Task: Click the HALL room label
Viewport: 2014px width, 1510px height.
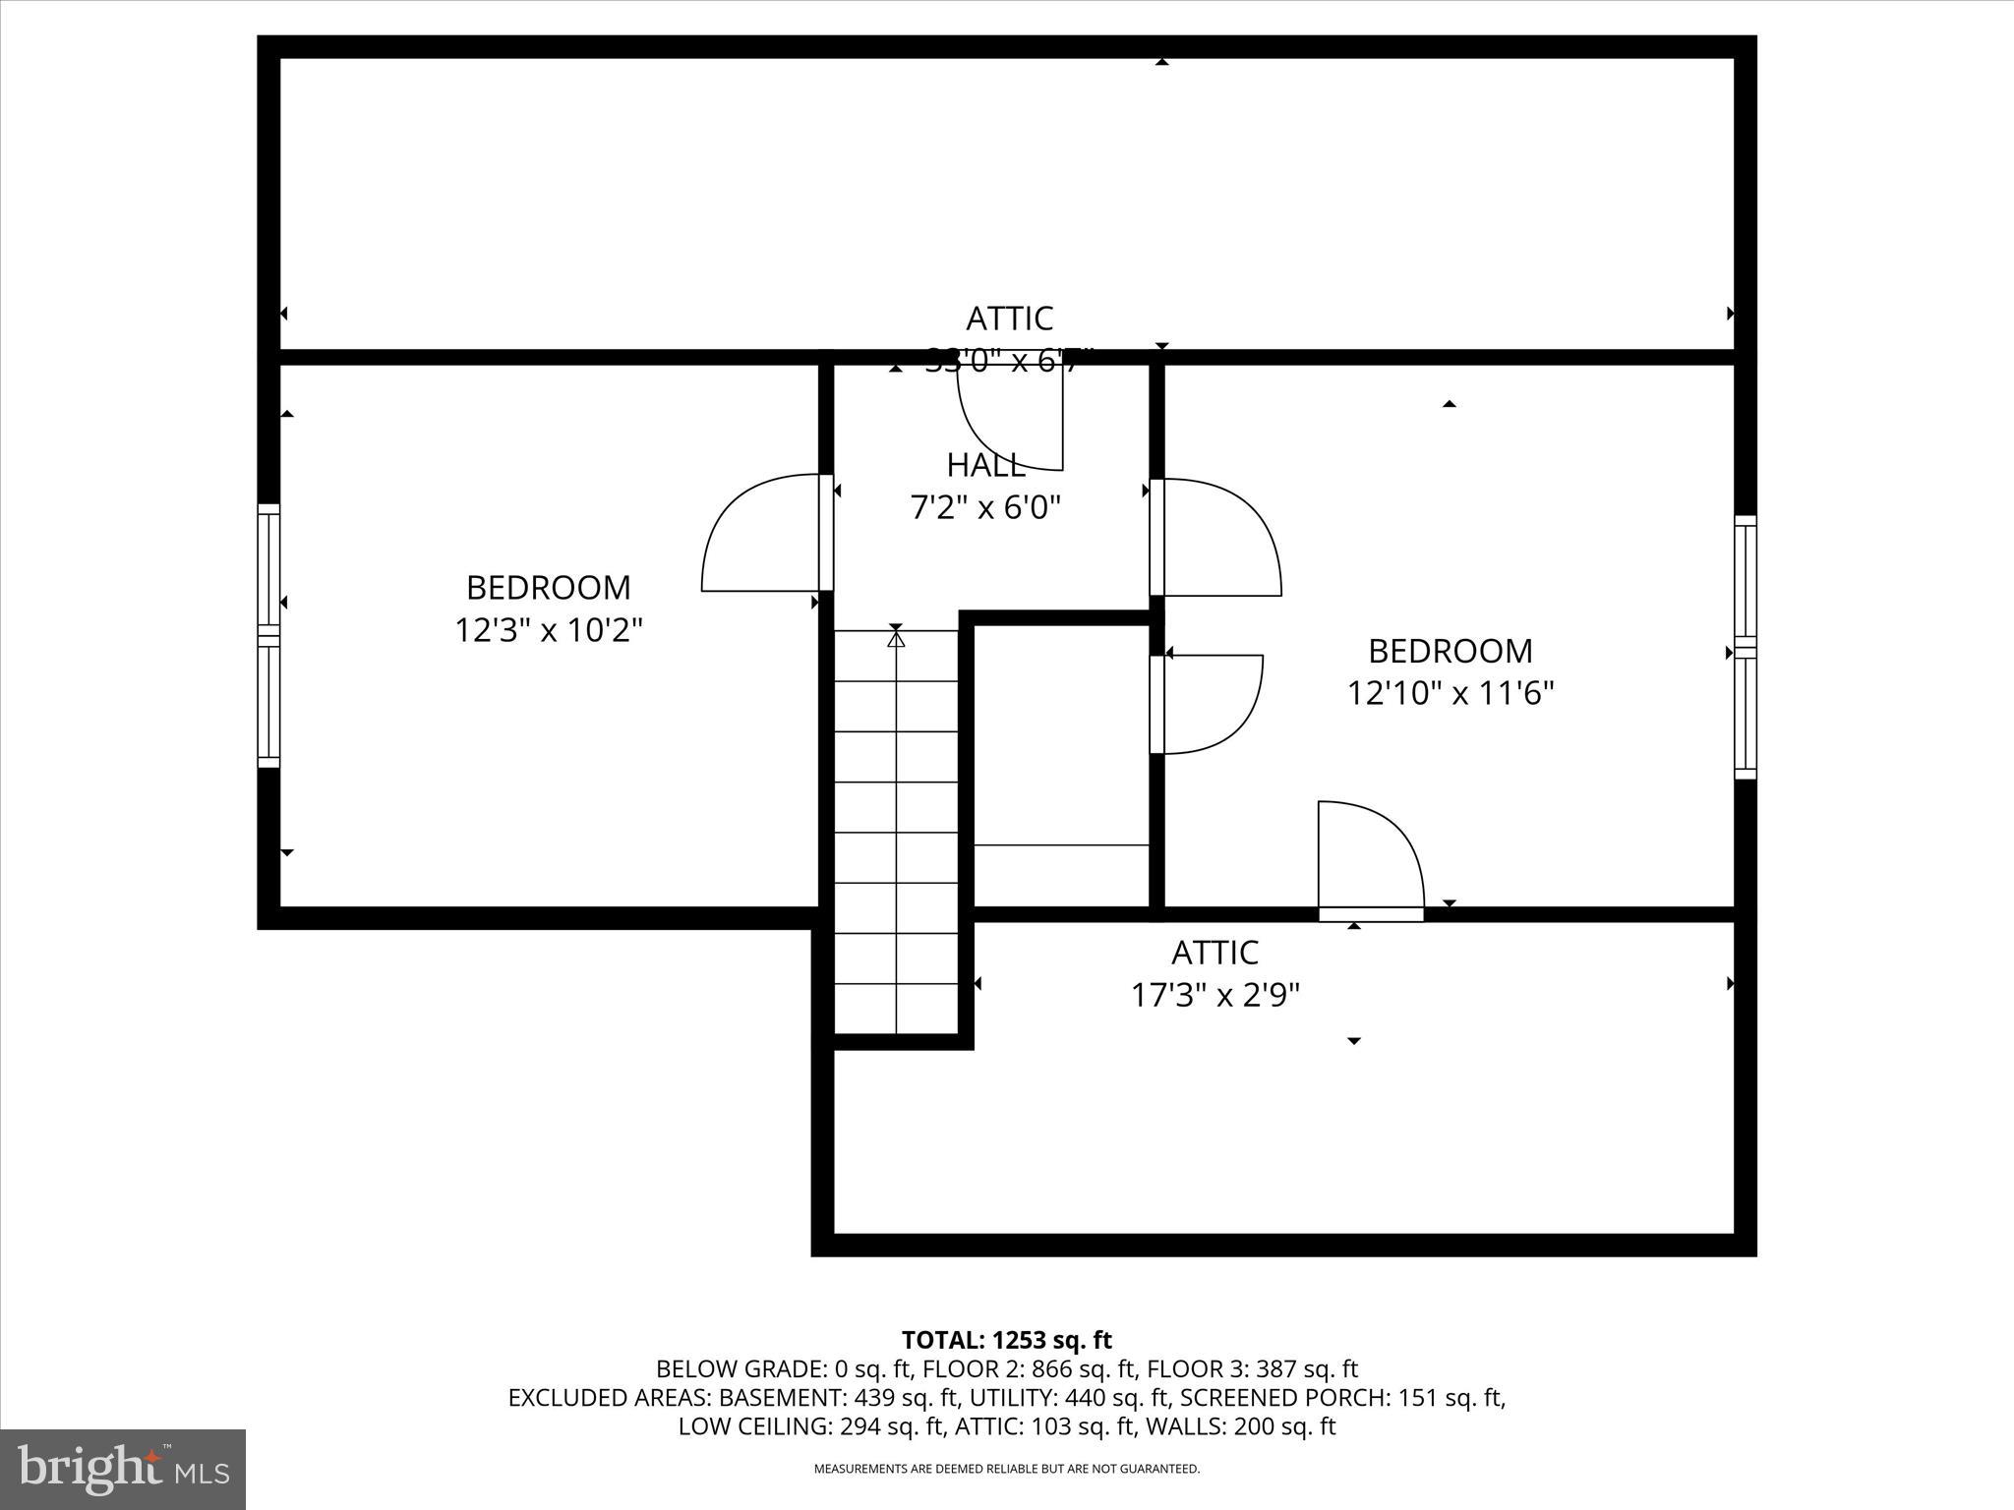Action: [985, 465]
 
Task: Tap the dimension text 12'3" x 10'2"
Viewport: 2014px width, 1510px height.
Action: [548, 629]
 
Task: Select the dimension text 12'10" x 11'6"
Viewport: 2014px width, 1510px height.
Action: [1450, 693]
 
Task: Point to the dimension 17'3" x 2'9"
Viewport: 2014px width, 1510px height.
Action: [1214, 995]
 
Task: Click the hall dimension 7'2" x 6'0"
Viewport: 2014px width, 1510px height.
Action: [985, 507]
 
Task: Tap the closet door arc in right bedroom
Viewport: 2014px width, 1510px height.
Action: [1215, 704]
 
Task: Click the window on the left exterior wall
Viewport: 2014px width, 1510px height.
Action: [268, 635]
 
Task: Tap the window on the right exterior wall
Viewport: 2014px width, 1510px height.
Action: [1745, 647]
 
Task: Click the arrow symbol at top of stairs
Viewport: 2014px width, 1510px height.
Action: [896, 638]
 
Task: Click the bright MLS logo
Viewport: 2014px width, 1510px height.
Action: [123, 1469]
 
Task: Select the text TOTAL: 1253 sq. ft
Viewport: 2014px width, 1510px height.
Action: [1006, 1340]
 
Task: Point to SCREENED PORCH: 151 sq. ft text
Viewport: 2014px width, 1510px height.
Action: [1342, 1397]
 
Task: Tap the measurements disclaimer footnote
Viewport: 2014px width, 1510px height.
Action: [1006, 1469]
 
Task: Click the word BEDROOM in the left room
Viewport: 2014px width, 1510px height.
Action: [548, 587]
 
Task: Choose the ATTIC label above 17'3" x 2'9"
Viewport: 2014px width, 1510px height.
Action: [1214, 952]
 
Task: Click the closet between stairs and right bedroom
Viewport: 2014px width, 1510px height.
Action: [1061, 747]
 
